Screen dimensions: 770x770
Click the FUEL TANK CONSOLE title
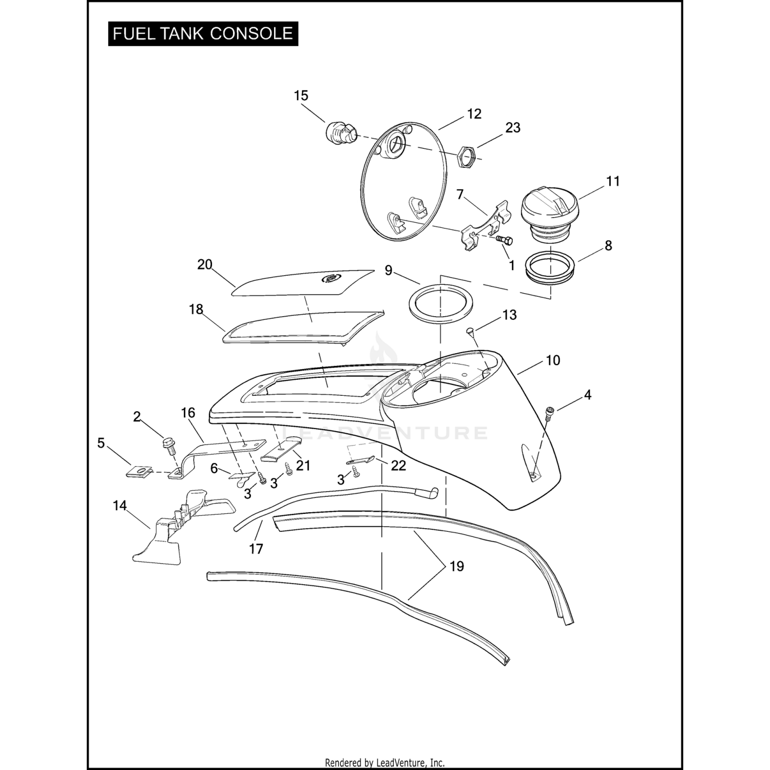point(203,34)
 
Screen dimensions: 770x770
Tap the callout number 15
point(301,96)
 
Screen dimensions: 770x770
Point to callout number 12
point(474,114)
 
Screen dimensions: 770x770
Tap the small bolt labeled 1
point(505,240)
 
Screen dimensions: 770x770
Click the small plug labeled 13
point(470,332)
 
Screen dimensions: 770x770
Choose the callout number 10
point(552,360)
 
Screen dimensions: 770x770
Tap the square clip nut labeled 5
point(138,471)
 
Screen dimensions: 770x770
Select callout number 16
point(188,413)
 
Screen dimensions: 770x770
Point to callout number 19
point(456,566)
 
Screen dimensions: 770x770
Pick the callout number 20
point(205,265)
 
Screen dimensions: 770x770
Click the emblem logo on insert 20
point(328,278)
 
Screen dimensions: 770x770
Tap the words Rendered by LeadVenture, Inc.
point(384,763)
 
